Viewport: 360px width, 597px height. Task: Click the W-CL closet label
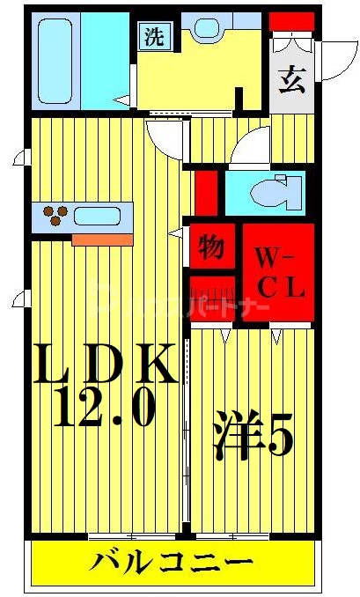279,271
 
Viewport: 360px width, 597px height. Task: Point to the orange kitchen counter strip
102,239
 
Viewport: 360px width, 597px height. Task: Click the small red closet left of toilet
205,191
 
